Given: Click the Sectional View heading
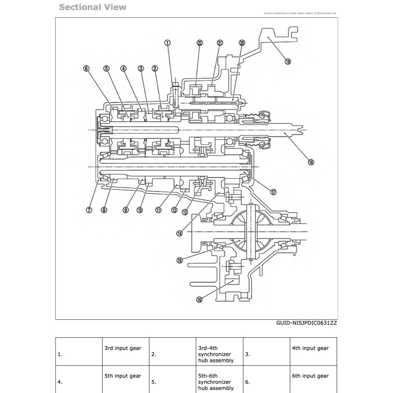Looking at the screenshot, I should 92,7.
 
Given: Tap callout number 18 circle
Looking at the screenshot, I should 311,162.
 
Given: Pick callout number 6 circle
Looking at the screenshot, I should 86,69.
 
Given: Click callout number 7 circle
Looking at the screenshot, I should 89,210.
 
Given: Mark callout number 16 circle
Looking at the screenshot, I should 199,300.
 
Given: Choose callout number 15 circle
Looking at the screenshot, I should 180,260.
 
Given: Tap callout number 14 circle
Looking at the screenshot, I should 180,233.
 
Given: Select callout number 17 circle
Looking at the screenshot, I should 273,192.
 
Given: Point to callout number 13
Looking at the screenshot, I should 185,211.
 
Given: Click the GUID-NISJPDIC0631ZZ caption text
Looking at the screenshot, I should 307,323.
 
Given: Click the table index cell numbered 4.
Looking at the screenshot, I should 79,379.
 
